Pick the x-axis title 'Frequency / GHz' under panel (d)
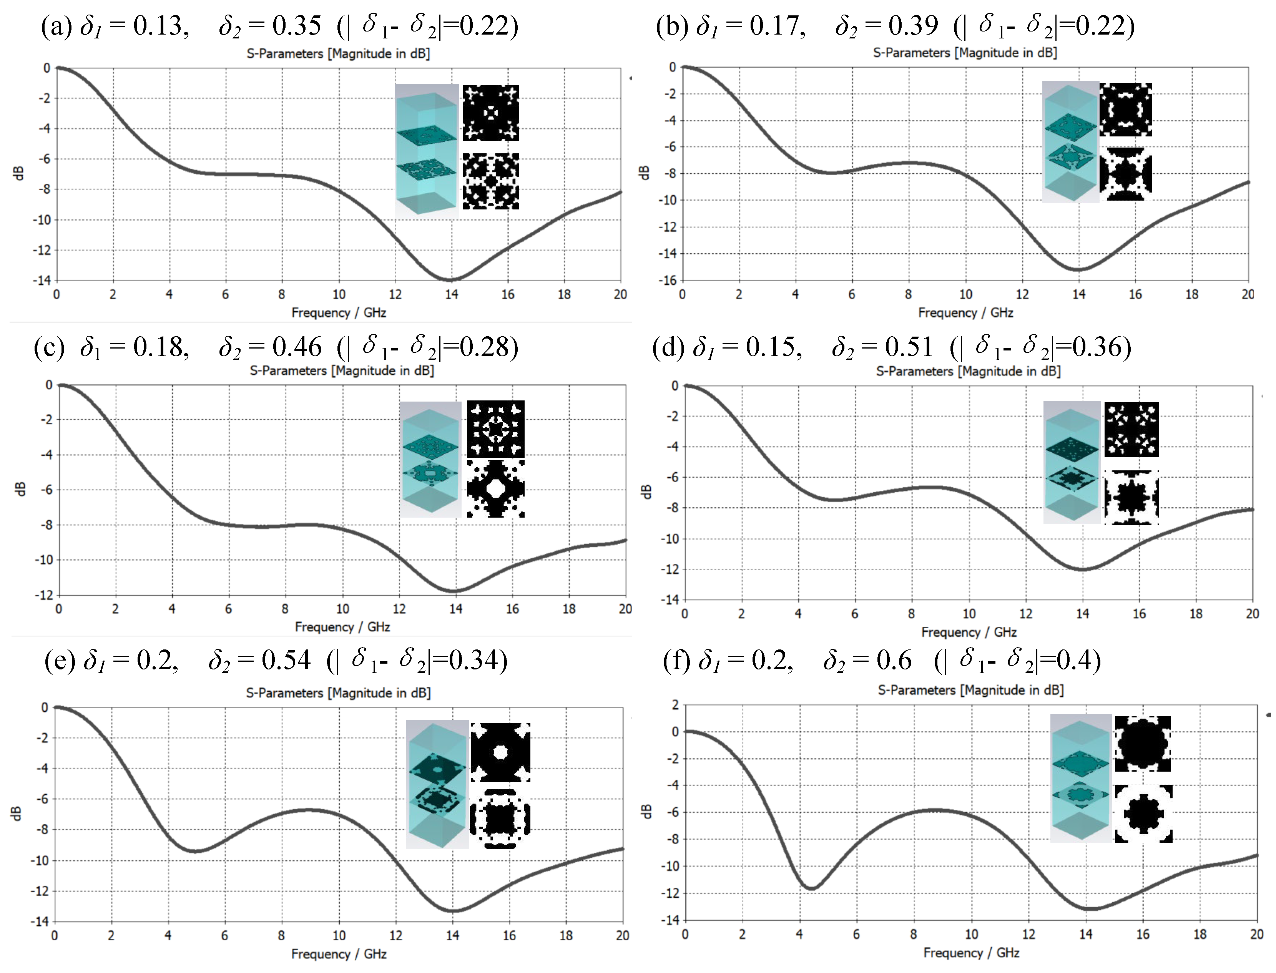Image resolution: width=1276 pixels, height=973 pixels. point(969,632)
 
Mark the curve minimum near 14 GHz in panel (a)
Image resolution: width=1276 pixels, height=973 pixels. point(450,280)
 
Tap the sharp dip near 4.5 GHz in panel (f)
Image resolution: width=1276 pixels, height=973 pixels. point(812,888)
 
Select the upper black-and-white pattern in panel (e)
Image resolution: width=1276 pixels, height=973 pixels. point(500,752)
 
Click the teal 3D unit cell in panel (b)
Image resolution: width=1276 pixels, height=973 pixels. point(1070,142)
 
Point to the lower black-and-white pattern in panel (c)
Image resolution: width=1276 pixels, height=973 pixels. point(496,488)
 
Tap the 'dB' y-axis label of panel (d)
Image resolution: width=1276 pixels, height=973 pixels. point(647,492)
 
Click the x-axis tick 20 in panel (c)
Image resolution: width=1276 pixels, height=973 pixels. point(625,609)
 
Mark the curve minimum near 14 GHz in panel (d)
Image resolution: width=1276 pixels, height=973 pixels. point(1083,570)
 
